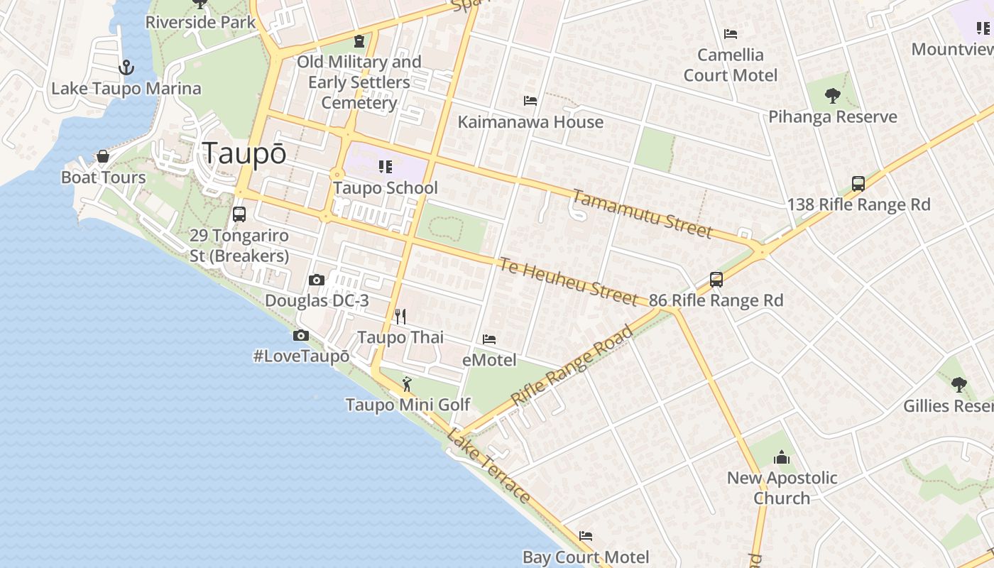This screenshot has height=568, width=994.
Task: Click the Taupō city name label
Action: tap(244, 153)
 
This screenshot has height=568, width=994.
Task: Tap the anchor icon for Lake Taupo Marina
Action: tap(126, 67)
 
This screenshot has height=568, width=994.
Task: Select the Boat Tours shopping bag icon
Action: tap(103, 156)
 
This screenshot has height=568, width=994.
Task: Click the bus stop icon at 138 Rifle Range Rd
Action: tap(858, 184)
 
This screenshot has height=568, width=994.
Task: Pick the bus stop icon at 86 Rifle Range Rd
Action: tap(716, 280)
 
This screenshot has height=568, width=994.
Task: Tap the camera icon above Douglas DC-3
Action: tap(317, 280)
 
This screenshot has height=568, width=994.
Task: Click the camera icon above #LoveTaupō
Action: tap(301, 335)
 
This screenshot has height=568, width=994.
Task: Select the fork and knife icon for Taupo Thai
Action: tap(400, 316)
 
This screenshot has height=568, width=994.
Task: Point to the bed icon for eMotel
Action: tap(489, 339)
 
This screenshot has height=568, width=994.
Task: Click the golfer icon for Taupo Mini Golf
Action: tap(406, 384)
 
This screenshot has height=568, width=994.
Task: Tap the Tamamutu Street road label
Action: tap(641, 214)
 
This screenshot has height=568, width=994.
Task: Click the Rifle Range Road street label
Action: tap(572, 366)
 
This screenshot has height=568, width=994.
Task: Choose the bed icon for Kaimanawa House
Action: tap(530, 101)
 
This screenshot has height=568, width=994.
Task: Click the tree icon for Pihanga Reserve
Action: tap(833, 95)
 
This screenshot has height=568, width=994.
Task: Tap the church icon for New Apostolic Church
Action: tap(781, 457)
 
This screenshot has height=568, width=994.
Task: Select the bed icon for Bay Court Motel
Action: tap(585, 536)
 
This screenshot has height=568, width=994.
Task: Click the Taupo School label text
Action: tap(386, 188)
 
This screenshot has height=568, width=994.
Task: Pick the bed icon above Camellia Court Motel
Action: tap(730, 34)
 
